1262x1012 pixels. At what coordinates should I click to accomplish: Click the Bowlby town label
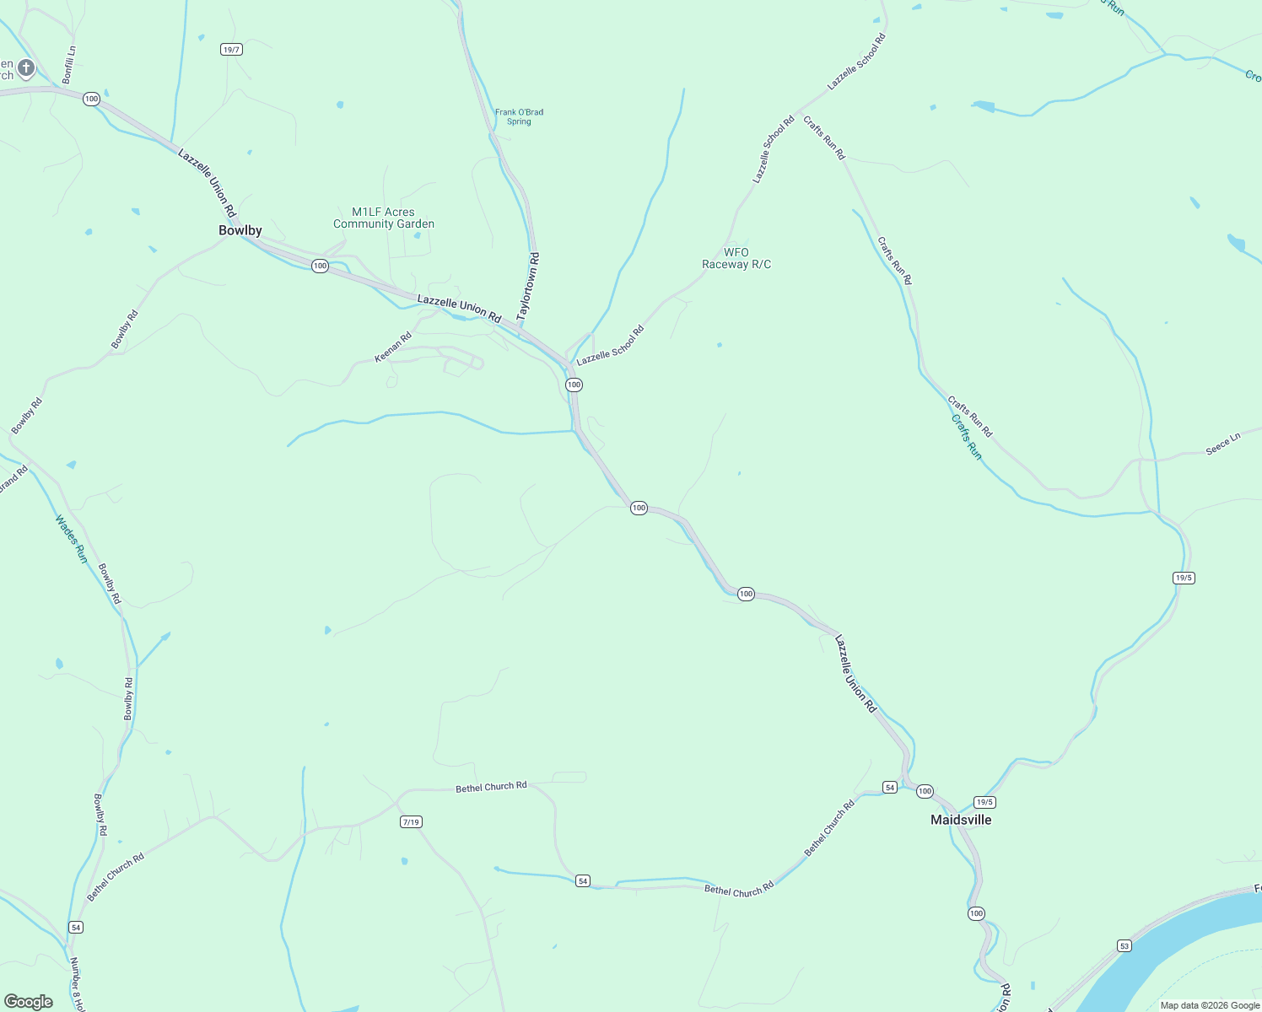pyautogui.click(x=240, y=230)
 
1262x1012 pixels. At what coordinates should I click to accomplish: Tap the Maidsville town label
pyautogui.click(x=961, y=820)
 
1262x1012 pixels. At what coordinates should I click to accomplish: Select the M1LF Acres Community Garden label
pyautogui.click(x=384, y=218)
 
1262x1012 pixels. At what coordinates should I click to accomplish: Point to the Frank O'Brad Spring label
pyautogui.click(x=519, y=116)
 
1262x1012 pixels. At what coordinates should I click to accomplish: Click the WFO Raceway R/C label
pyautogui.click(x=736, y=258)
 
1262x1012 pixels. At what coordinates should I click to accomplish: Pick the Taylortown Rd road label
pyautogui.click(x=528, y=285)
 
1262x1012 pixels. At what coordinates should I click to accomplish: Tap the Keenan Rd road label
pyautogui.click(x=393, y=347)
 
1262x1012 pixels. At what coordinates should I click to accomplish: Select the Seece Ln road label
pyautogui.click(x=1223, y=444)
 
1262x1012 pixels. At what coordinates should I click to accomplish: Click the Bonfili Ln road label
pyautogui.click(x=69, y=64)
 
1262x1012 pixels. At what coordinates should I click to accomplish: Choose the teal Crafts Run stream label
pyautogui.click(x=967, y=437)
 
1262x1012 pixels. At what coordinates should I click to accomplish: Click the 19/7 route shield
pyautogui.click(x=232, y=50)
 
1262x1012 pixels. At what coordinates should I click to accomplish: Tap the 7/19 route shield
pyautogui.click(x=411, y=822)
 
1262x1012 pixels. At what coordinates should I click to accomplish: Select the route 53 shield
pyautogui.click(x=1124, y=946)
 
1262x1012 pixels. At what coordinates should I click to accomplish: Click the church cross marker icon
pyautogui.click(x=26, y=67)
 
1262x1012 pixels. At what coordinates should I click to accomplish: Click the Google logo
pyautogui.click(x=29, y=1002)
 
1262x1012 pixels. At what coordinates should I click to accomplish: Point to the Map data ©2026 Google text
pyautogui.click(x=1210, y=1005)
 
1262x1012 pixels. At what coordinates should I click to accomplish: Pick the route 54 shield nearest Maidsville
pyautogui.click(x=889, y=787)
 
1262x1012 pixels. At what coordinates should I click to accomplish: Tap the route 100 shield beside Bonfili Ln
pyautogui.click(x=91, y=100)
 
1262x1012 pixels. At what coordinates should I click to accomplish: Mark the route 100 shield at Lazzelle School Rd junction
pyautogui.click(x=574, y=385)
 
